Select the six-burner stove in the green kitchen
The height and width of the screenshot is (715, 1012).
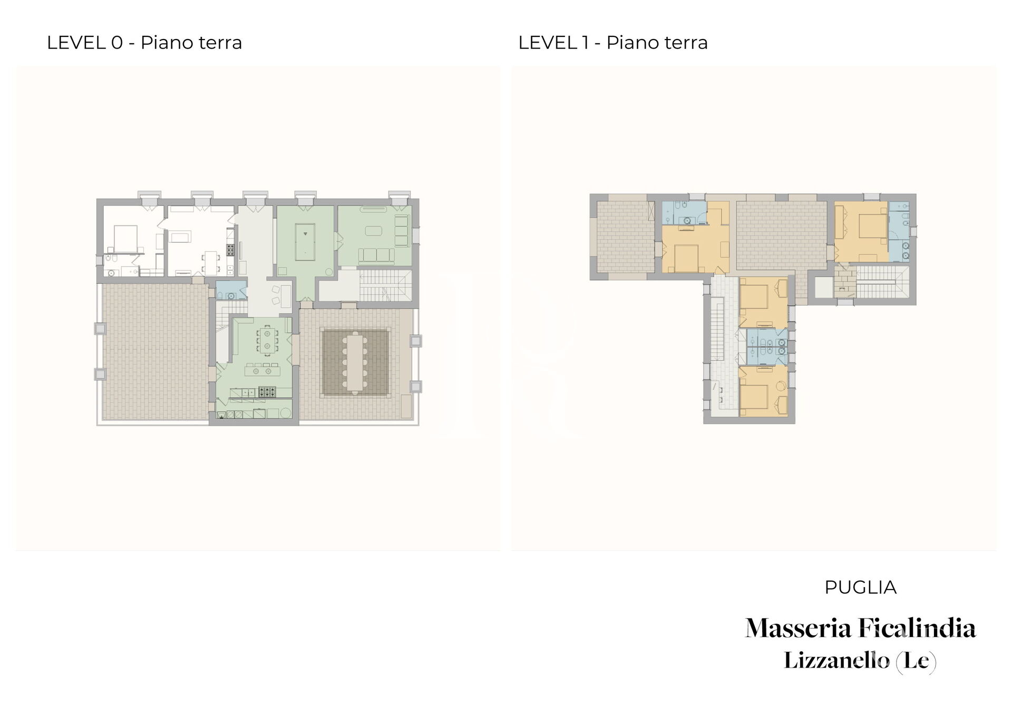(x=267, y=392)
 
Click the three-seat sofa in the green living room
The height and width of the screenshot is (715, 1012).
(x=376, y=256)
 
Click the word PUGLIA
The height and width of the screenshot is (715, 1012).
(x=860, y=587)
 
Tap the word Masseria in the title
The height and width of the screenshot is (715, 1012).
(x=799, y=628)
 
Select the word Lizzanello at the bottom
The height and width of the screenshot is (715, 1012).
(x=836, y=661)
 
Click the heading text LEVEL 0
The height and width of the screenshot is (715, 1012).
(x=85, y=43)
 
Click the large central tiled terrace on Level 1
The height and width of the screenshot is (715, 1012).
(x=781, y=236)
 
